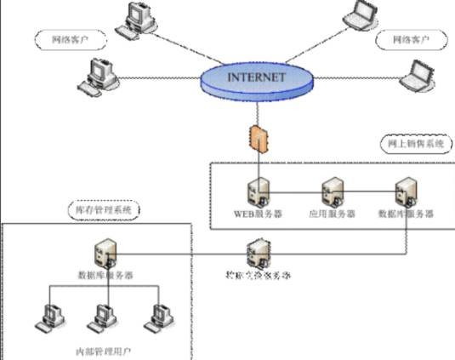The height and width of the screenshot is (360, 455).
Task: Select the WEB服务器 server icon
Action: pyautogui.click(x=257, y=191)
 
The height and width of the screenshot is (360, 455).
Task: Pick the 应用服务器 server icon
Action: pyautogui.click(x=332, y=191)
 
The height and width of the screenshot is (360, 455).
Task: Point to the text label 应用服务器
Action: pyautogui.click(x=332, y=214)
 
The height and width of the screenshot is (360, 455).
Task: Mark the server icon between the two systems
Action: pyautogui.click(x=257, y=253)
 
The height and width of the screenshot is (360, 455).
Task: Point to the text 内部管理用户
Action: pyautogui.click(x=104, y=350)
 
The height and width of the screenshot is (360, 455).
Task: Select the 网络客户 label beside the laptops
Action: pyautogui.click(x=408, y=40)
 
